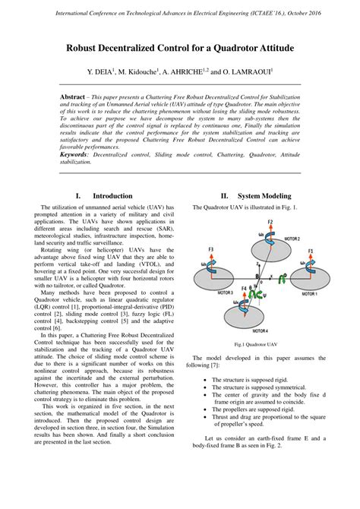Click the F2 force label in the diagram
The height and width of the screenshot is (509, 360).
(270, 222)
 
